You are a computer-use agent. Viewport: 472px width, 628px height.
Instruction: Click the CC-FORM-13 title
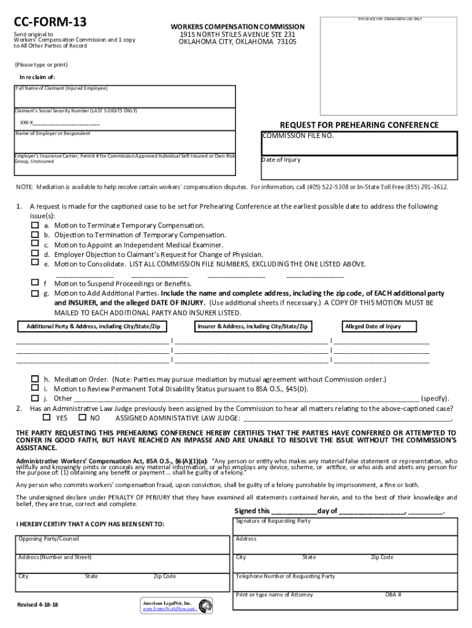click(50, 23)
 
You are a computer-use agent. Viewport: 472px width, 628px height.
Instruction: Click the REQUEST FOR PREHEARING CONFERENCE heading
click(359, 125)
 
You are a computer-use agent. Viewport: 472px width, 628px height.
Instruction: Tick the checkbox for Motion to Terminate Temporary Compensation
click(35, 226)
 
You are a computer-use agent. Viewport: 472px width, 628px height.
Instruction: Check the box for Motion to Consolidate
click(35, 262)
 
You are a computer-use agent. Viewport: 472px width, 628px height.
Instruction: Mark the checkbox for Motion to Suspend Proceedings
click(35, 283)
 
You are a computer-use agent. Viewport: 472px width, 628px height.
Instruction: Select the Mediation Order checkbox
click(35, 379)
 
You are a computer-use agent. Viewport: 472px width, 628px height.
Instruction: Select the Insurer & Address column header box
click(253, 327)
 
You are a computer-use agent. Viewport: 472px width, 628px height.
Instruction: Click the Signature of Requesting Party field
click(346, 528)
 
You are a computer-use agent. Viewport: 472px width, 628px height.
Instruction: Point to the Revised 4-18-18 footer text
click(38, 605)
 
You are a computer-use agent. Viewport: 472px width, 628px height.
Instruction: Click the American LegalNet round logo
click(205, 606)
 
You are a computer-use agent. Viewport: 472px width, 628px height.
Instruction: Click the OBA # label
click(393, 595)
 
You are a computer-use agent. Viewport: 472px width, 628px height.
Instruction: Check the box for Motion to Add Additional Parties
click(35, 293)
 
